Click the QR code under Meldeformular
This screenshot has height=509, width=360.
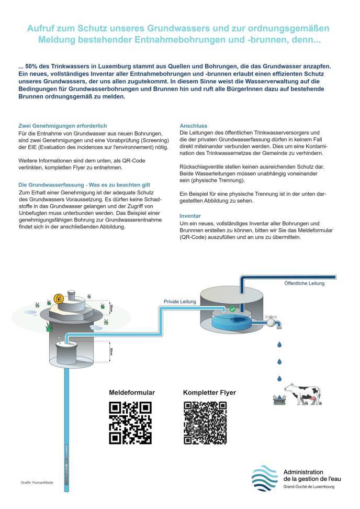coord(130,423)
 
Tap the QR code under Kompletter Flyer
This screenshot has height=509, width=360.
coord(205,423)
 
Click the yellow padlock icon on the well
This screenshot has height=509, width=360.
coord(59,299)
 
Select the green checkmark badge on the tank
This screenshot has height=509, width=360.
coord(232,310)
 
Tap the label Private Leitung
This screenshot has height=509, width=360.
coord(179,302)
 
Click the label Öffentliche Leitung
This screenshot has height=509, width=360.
coord(304,283)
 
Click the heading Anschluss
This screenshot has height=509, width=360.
coord(193,126)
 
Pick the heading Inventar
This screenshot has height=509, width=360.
coord(190,215)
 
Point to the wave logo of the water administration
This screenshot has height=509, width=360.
coord(264,478)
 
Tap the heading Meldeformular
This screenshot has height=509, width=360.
coord(132,392)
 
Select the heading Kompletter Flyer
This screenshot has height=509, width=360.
coord(209,392)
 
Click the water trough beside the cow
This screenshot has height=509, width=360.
coord(279,400)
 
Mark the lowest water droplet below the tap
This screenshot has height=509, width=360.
coord(280,379)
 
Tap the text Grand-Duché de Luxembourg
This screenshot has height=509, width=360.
coord(308,487)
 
